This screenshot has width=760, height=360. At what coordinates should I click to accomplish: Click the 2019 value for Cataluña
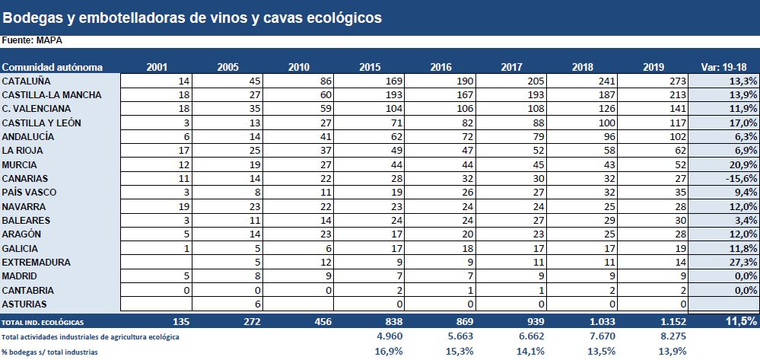(674, 81)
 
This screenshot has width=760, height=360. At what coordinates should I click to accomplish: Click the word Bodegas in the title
(31, 17)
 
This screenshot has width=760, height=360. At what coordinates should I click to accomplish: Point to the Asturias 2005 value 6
(257, 304)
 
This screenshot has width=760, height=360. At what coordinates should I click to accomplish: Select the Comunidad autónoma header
(52, 67)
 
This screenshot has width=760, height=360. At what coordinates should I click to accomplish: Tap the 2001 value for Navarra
(183, 206)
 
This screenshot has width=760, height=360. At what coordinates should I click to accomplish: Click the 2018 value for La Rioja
(607, 151)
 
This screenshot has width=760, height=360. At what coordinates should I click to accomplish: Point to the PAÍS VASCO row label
(29, 193)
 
